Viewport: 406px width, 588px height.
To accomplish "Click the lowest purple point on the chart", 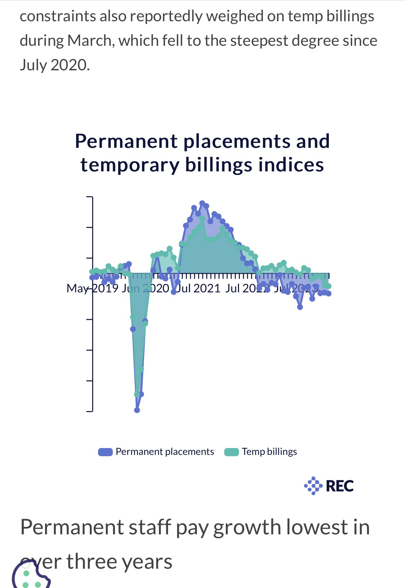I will [x=137, y=410].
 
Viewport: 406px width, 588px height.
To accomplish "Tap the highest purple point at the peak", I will [x=202, y=203].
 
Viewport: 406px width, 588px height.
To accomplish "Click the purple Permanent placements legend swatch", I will [x=105, y=452].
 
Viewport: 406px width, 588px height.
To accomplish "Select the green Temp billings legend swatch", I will [x=231, y=452].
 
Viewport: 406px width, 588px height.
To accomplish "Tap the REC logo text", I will [x=340, y=486].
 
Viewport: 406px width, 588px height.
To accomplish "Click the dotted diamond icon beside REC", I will [x=313, y=486].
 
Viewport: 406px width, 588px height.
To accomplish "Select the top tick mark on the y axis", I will [x=90, y=197].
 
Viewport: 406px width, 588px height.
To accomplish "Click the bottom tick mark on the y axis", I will [x=90, y=411].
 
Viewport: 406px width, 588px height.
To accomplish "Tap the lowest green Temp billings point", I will [x=137, y=394].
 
